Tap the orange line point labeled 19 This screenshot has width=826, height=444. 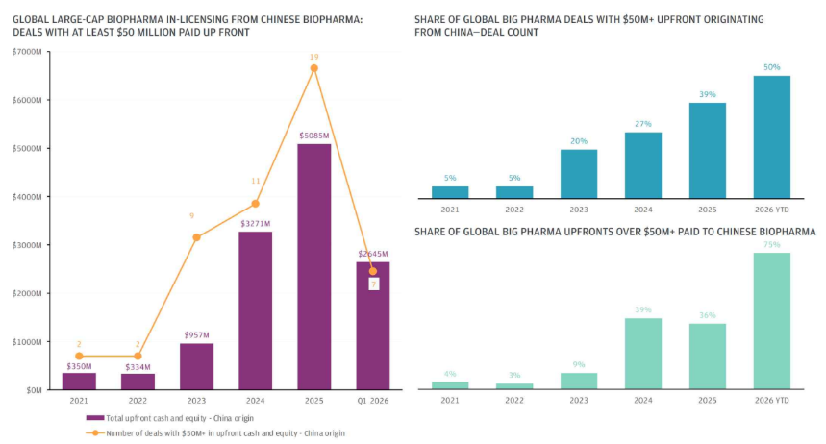[x=313, y=68]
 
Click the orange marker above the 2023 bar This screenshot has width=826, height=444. [x=196, y=237]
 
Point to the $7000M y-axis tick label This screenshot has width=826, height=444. [x=27, y=51]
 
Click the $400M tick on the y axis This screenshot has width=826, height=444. [x=27, y=196]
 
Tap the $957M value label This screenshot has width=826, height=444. [x=196, y=334]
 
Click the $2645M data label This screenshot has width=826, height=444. [x=372, y=254]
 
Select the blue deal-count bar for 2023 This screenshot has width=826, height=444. [x=579, y=174]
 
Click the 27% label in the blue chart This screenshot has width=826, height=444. [x=643, y=123]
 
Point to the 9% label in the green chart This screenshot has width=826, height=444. [x=579, y=364]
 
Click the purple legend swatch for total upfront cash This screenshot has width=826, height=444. [x=94, y=418]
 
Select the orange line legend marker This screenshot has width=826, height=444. [x=94, y=432]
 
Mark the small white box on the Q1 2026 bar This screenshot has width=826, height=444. [x=372, y=284]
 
